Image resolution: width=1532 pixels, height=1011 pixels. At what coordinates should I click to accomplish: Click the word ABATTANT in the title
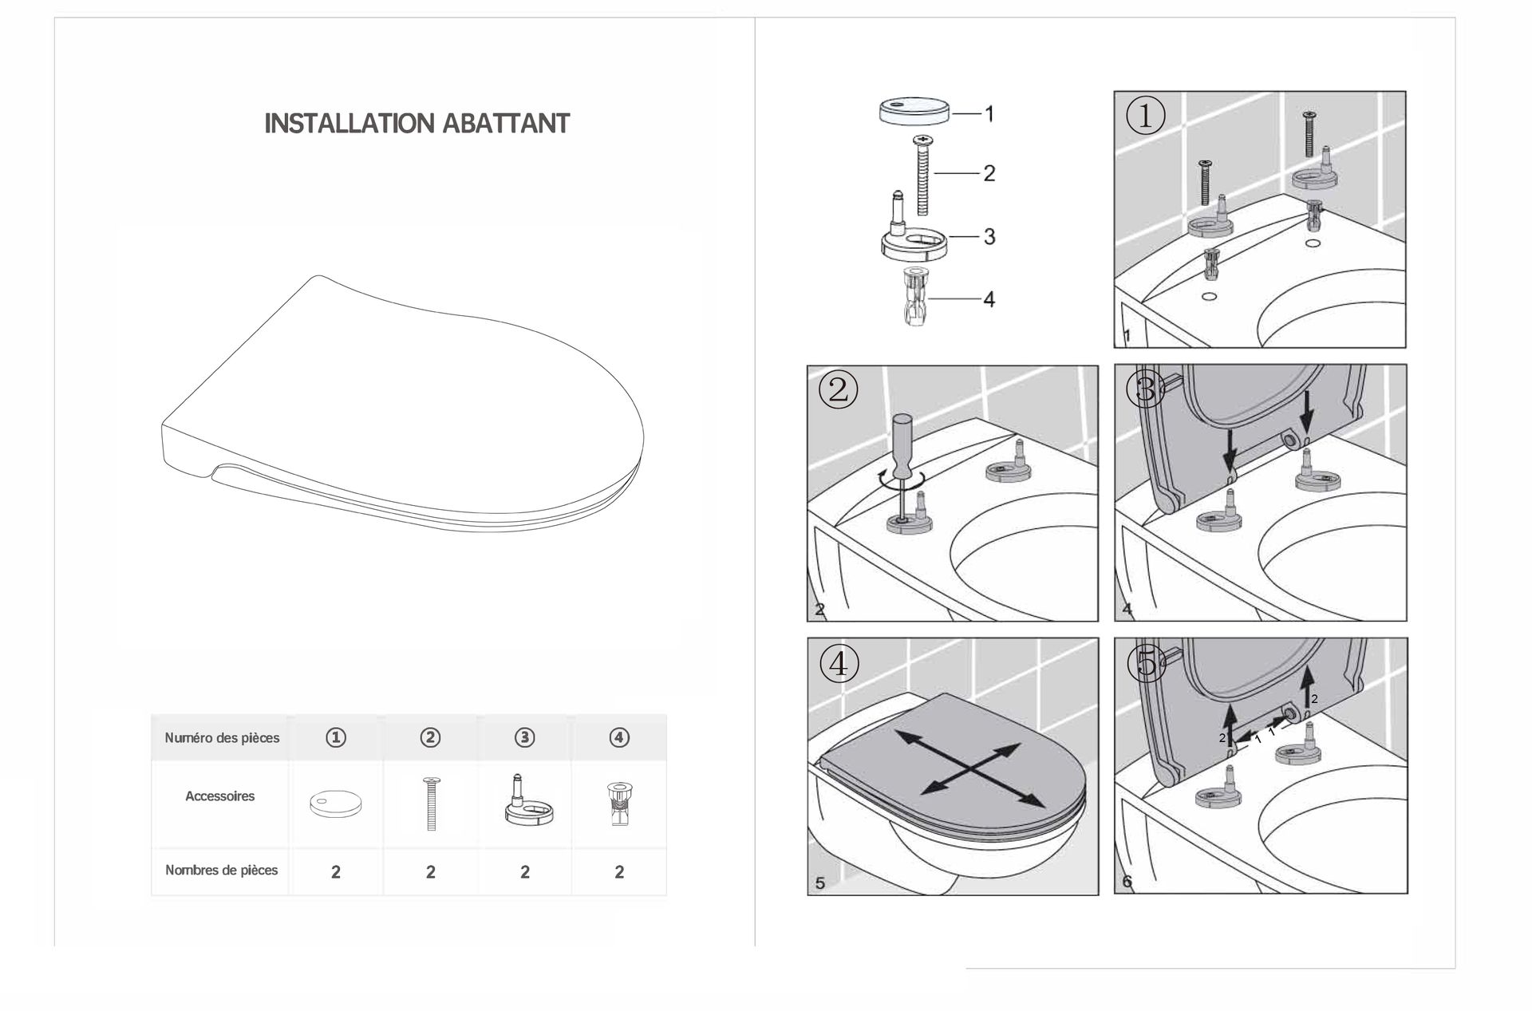tap(506, 124)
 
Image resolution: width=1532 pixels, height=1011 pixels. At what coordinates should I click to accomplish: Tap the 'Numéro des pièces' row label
tap(222, 738)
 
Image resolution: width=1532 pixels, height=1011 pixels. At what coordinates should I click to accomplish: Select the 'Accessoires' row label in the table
tap(220, 796)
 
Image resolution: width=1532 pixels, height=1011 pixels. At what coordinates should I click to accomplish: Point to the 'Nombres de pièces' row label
tap(222, 871)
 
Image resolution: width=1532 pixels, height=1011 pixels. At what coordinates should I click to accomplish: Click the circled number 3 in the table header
tap(524, 738)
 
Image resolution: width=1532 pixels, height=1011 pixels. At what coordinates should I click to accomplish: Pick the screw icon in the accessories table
tap(431, 804)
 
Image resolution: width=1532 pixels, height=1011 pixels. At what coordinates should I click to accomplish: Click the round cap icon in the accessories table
tap(336, 804)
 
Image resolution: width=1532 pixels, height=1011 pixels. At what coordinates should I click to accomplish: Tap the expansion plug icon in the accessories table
tap(619, 804)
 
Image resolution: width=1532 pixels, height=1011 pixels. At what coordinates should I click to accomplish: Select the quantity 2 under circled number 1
tap(336, 872)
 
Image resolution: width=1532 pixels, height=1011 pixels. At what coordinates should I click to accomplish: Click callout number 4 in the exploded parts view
tap(989, 299)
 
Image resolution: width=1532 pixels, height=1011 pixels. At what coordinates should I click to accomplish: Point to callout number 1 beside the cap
tap(989, 114)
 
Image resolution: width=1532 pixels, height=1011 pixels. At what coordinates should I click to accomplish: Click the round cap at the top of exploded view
tap(914, 109)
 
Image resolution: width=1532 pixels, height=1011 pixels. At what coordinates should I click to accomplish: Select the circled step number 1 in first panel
tap(1145, 117)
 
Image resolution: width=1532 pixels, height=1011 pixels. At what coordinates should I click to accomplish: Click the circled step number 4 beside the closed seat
tap(839, 663)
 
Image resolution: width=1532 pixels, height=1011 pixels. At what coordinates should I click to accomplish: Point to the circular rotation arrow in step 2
tap(902, 479)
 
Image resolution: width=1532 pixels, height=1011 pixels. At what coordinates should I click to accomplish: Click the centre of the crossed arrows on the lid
tap(970, 768)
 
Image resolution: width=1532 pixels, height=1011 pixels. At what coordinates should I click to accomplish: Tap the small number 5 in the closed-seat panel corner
tap(820, 883)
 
